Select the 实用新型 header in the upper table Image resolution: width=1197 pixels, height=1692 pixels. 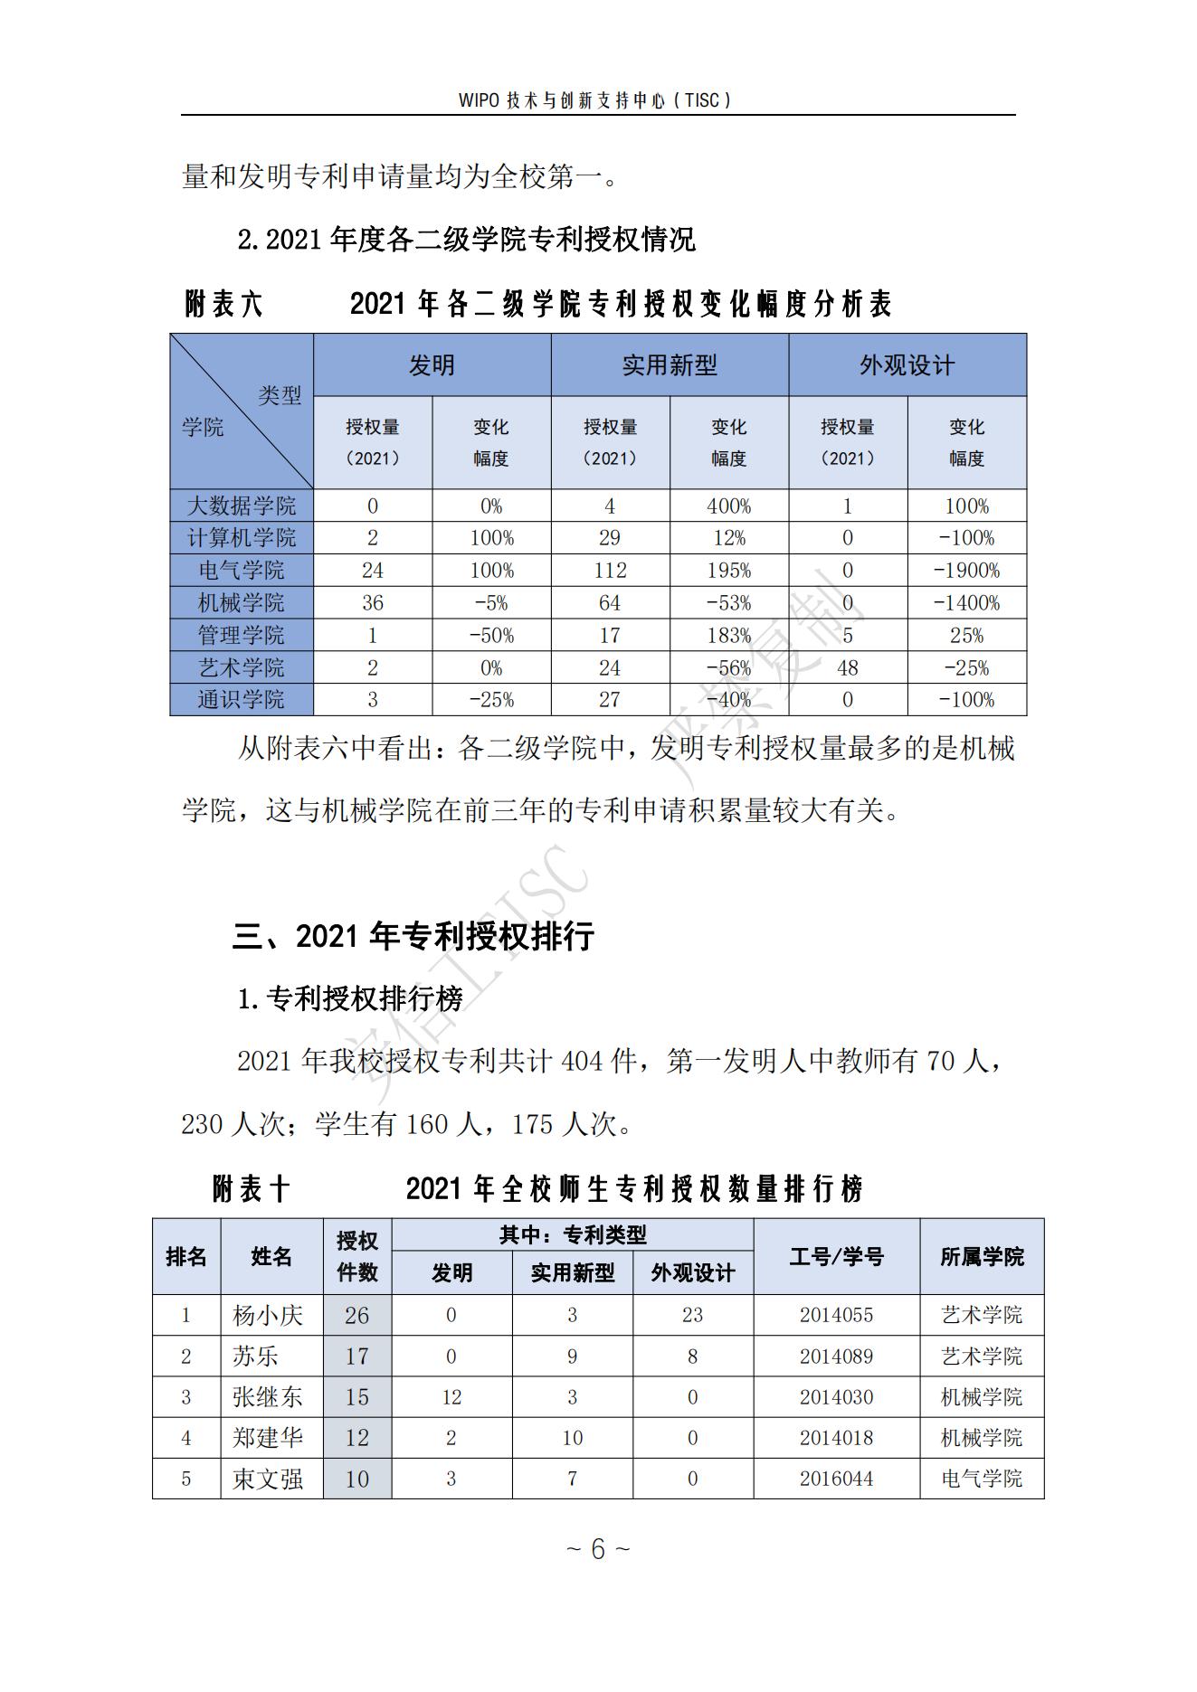click(x=670, y=365)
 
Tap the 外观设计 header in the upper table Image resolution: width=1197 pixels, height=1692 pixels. click(x=907, y=365)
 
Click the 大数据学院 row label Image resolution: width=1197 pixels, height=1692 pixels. click(x=242, y=506)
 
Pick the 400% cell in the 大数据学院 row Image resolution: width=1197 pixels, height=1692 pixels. click(x=728, y=506)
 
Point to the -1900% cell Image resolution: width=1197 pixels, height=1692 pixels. click(x=966, y=571)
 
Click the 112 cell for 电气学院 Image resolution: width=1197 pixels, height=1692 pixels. click(x=610, y=571)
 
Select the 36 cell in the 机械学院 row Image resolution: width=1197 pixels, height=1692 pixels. click(x=372, y=603)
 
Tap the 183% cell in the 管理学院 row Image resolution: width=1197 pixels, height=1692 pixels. click(x=728, y=636)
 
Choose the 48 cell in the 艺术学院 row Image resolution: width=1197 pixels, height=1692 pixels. click(x=847, y=668)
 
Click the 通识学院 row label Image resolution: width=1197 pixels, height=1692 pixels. click(x=242, y=700)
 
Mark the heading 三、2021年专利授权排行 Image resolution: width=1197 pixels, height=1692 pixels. click(x=413, y=936)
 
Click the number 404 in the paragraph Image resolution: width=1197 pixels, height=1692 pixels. click(x=581, y=1061)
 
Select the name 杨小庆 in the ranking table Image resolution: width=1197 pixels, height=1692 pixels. click(x=268, y=1315)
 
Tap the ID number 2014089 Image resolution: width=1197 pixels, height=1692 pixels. click(x=836, y=1356)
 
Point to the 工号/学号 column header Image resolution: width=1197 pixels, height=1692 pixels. click(x=836, y=1256)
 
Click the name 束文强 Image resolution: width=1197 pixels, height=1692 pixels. click(x=268, y=1479)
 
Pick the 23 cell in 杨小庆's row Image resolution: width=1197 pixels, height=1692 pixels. click(x=692, y=1315)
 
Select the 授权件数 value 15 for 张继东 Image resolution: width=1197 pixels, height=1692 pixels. click(x=356, y=1397)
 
